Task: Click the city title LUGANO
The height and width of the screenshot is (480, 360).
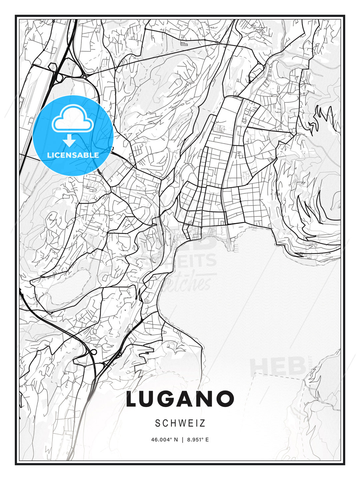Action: coord(180,399)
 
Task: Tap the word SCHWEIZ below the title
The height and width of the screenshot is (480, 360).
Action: coord(180,423)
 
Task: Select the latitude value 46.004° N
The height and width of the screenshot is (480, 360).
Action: coord(164,440)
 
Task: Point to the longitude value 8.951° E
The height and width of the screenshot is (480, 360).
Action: coord(198,440)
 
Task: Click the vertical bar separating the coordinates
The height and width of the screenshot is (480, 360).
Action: coord(182,440)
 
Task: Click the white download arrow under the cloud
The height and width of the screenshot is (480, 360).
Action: coord(69,140)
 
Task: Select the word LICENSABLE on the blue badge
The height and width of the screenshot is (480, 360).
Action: coord(73,155)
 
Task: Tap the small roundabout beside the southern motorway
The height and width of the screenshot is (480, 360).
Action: coord(94,352)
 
